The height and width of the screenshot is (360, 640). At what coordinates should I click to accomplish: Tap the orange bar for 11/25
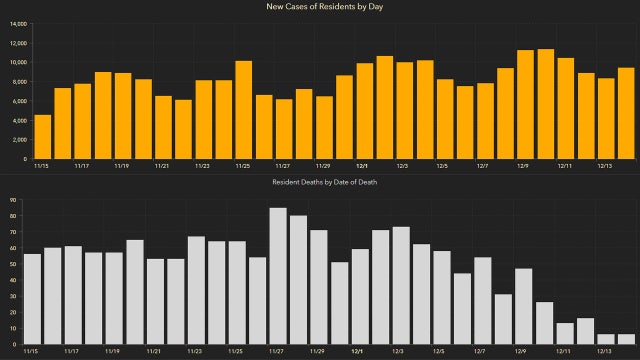[243, 110]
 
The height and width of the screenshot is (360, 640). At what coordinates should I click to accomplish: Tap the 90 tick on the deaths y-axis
[11, 201]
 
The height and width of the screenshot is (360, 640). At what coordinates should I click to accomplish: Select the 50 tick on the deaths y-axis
[11, 265]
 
